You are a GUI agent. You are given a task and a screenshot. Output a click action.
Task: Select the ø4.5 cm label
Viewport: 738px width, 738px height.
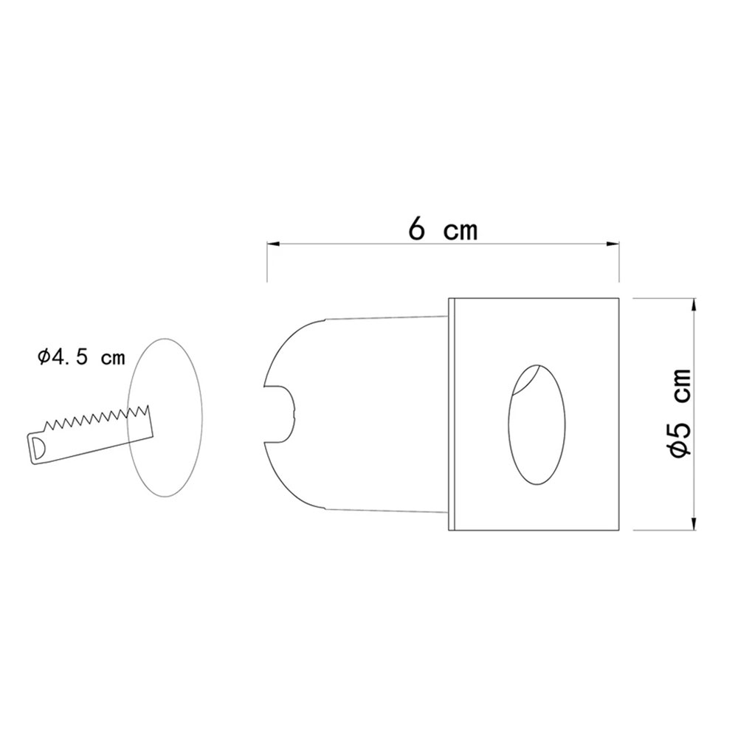(x=81, y=358)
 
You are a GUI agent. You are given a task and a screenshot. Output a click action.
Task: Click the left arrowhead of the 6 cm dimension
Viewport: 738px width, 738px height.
(x=274, y=244)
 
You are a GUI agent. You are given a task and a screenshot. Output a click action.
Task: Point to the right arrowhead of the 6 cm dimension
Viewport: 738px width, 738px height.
(x=613, y=244)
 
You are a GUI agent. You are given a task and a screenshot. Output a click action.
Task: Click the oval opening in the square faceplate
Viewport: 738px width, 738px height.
(x=537, y=424)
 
